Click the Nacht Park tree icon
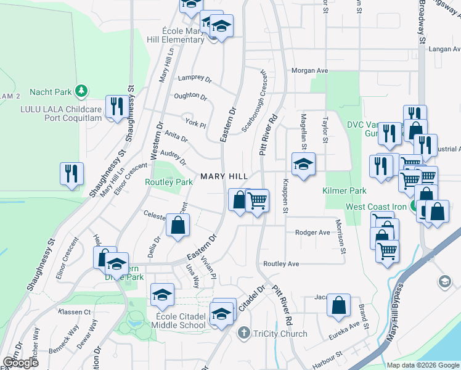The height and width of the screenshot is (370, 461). click(81, 91)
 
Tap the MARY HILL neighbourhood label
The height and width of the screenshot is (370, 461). click(224, 176)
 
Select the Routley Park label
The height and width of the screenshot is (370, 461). click(169, 183)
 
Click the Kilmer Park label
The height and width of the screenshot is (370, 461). click(345, 191)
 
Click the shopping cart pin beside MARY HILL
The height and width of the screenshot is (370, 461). click(257, 200)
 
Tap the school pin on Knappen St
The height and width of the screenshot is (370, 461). click(303, 164)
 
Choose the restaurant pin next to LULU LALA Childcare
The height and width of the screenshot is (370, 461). click(115, 106)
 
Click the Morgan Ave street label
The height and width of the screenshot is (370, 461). click(310, 71)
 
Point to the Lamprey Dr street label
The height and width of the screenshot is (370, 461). click(194, 79)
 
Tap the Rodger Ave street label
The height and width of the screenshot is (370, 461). click(312, 232)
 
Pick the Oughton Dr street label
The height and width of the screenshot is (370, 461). click(190, 96)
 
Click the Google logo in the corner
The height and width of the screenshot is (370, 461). click(20, 363)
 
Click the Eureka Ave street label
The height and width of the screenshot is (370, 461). click(346, 325)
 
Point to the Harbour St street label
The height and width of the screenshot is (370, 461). click(328, 356)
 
